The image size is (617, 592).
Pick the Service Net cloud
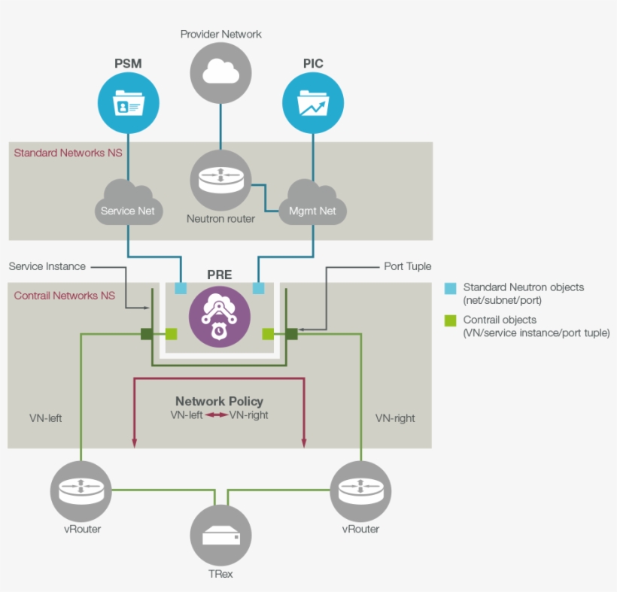click(x=128, y=203)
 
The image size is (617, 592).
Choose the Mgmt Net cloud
click(x=312, y=203)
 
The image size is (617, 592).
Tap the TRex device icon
click(x=220, y=536)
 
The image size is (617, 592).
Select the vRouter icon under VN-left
click(x=81, y=491)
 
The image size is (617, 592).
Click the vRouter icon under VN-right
click(x=360, y=491)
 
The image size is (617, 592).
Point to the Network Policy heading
click(x=219, y=402)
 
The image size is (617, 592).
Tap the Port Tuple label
click(x=408, y=266)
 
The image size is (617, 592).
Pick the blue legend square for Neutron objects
click(x=450, y=288)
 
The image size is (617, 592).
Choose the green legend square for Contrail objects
click(x=450, y=321)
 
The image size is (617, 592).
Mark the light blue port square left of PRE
click(x=181, y=288)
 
